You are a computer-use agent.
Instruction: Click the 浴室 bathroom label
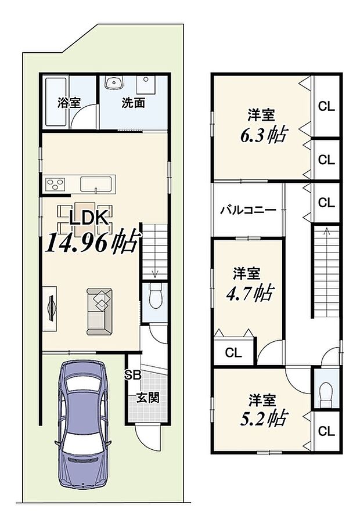pyautogui.click(x=69, y=103)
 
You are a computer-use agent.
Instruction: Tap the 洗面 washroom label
pyautogui.click(x=133, y=103)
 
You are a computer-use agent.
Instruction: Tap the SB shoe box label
pyautogui.click(x=132, y=375)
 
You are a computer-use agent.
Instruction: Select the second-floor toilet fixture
pyautogui.click(x=325, y=392)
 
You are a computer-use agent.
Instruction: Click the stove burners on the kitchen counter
pyautogui.click(x=56, y=185)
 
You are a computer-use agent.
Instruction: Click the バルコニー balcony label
pyautogui.click(x=248, y=210)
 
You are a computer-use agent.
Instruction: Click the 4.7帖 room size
pyautogui.click(x=250, y=292)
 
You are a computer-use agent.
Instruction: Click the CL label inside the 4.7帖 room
pyautogui.click(x=233, y=352)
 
